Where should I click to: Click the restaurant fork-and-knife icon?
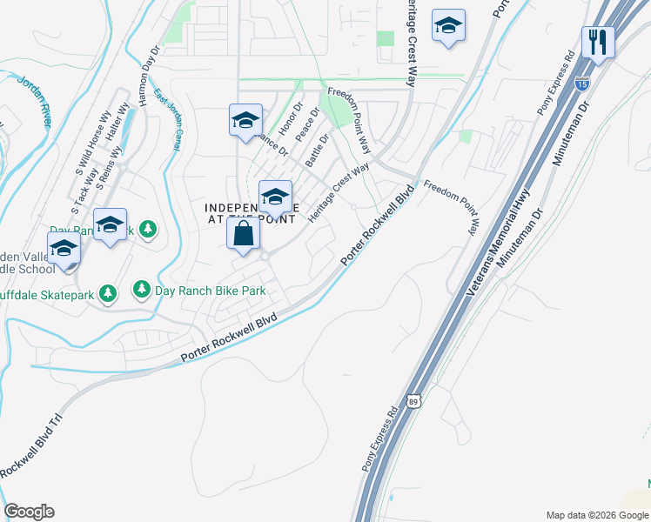598,42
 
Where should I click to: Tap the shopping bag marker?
244,233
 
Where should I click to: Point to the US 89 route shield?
414,402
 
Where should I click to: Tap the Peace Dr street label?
308,127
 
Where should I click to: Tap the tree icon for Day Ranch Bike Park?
141,289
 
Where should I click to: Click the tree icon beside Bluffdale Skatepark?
108,294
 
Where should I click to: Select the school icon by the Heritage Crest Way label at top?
448,25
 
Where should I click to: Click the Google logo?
29,512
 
